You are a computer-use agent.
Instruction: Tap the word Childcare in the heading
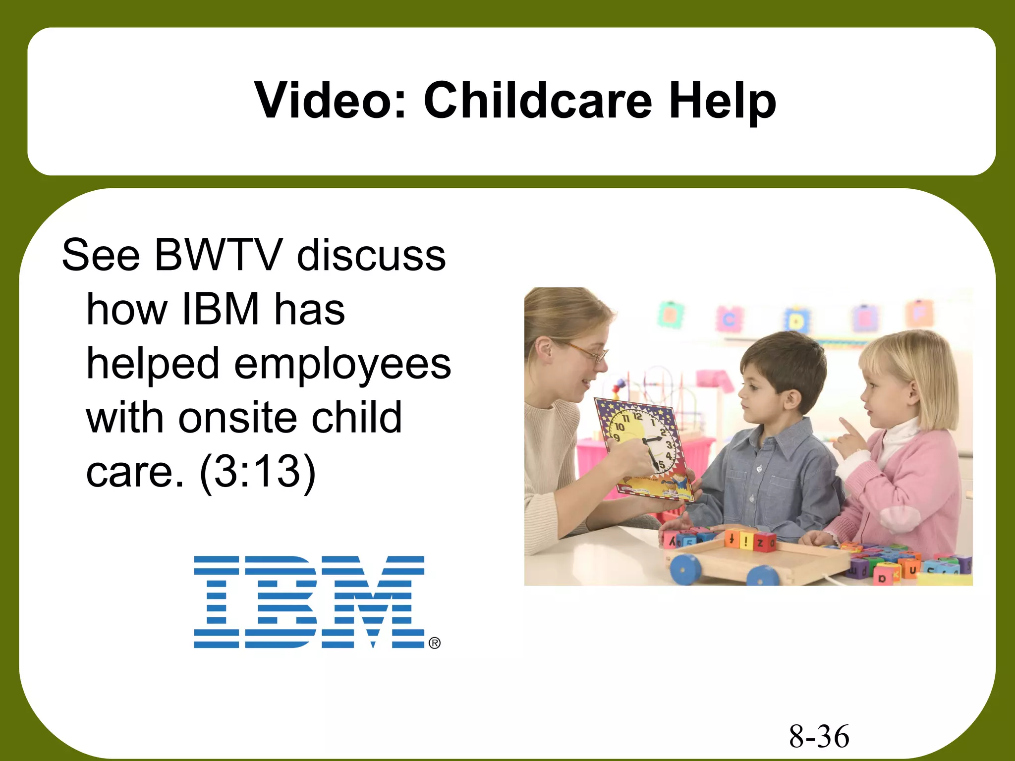click(x=538, y=101)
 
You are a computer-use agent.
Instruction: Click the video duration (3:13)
click(x=257, y=472)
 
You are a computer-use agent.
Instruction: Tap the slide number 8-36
click(x=819, y=736)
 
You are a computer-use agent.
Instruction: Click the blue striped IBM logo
click(x=309, y=601)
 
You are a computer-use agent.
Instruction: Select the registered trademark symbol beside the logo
click(x=434, y=643)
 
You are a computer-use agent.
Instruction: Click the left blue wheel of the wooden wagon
click(x=684, y=568)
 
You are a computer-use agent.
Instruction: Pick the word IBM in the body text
click(x=221, y=309)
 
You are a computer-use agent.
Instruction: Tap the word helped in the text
click(x=153, y=364)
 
